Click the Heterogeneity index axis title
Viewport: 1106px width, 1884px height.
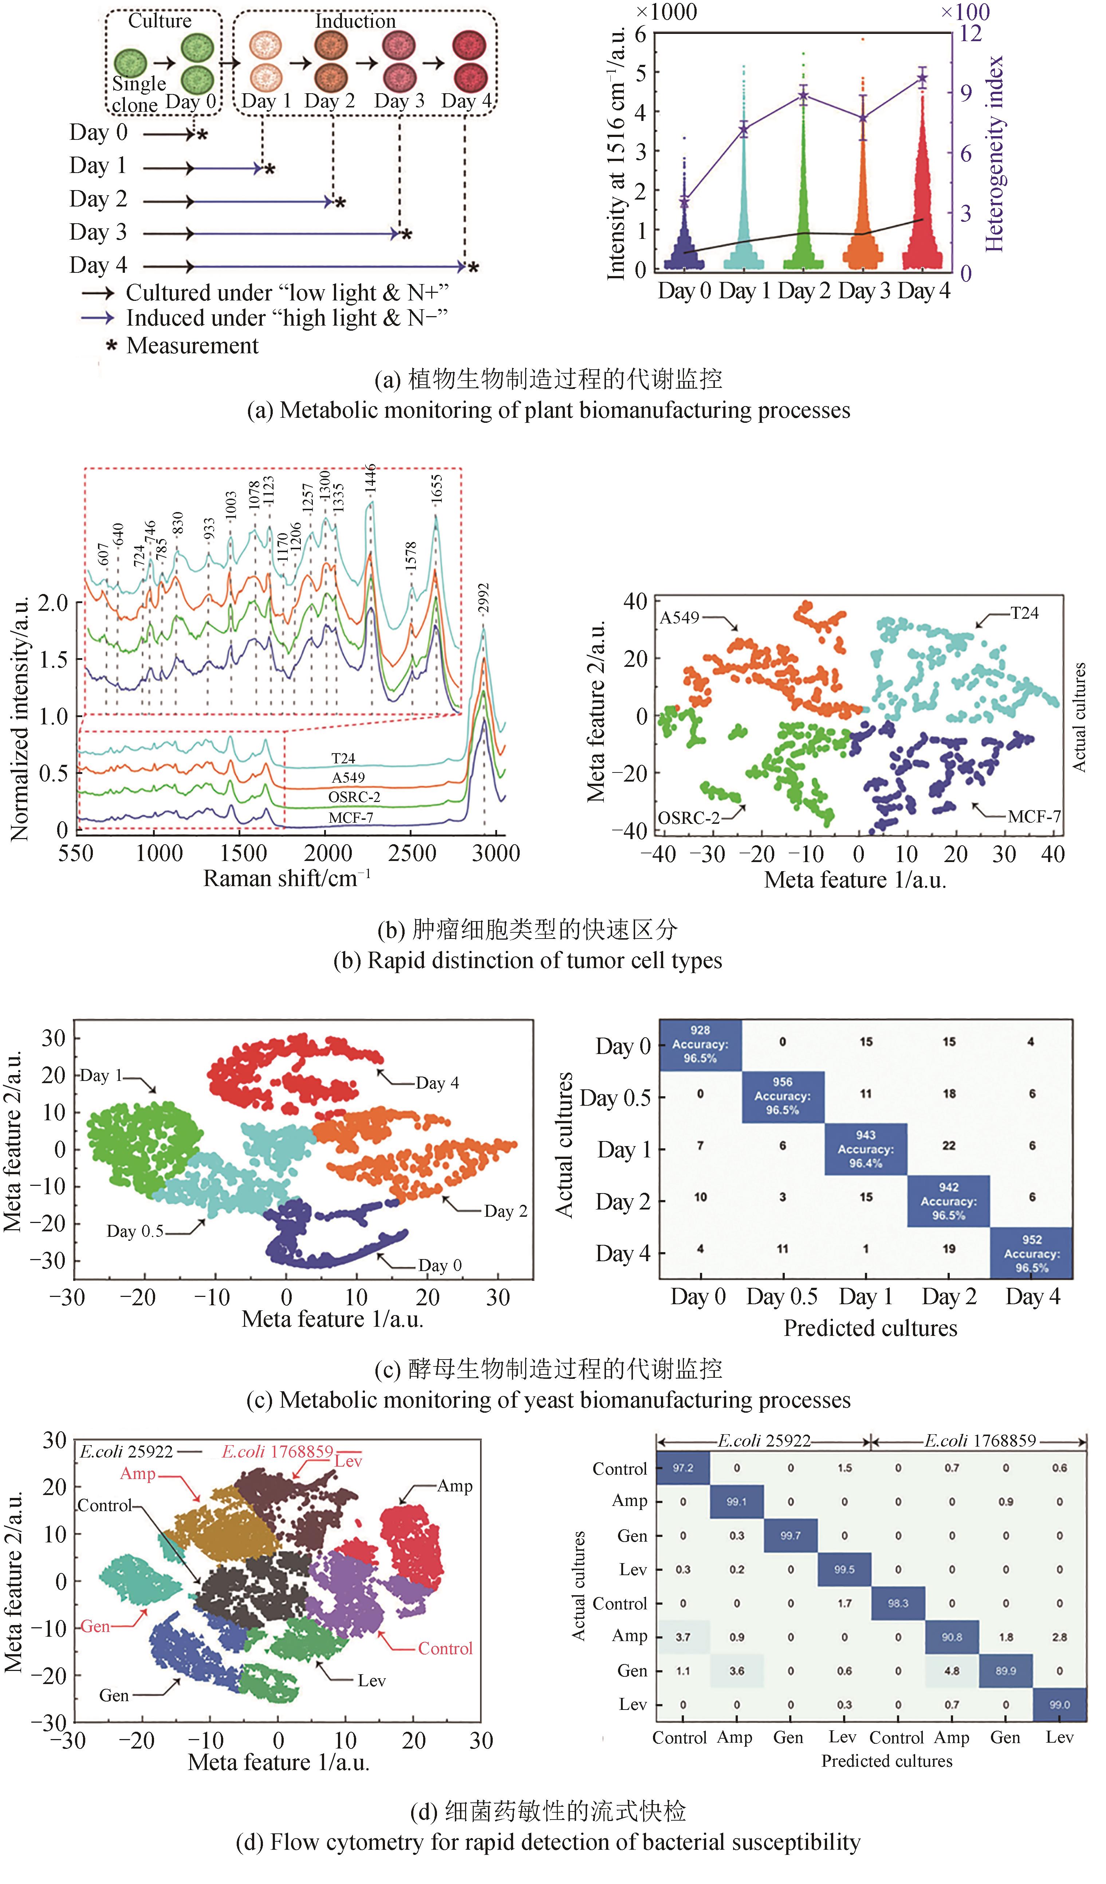click(x=994, y=153)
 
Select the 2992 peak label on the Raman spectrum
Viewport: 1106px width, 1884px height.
click(x=484, y=599)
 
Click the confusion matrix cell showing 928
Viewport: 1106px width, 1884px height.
click(x=700, y=1045)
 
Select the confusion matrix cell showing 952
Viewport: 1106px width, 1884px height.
click(x=1032, y=1253)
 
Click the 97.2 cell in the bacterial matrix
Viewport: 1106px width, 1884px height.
click(x=683, y=1468)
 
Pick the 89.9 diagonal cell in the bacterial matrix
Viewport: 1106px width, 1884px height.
click(x=1006, y=1670)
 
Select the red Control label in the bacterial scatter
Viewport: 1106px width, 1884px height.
click(x=445, y=1648)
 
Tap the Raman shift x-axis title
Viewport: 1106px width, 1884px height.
click(x=287, y=878)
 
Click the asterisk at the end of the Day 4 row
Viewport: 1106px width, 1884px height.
click(x=473, y=267)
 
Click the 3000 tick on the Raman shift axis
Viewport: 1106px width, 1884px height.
click(x=496, y=853)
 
